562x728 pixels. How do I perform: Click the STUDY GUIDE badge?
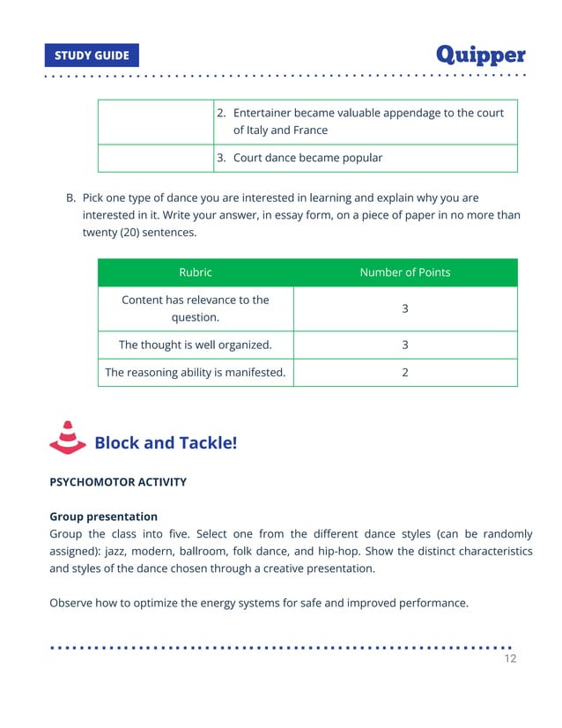click(92, 56)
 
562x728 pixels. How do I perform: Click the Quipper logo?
click(481, 55)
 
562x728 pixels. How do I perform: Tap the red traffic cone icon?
click(67, 438)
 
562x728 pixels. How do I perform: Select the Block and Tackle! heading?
click(166, 442)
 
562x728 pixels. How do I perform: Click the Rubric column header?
click(195, 272)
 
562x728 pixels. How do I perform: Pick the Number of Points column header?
click(404, 272)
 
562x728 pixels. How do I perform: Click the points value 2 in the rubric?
click(404, 373)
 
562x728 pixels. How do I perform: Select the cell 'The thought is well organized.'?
click(195, 345)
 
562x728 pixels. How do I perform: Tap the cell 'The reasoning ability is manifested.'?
click(195, 373)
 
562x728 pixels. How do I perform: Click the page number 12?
click(510, 658)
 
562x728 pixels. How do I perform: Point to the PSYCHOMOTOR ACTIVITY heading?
click(118, 482)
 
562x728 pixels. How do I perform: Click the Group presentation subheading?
click(103, 516)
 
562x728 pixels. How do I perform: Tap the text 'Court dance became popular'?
click(307, 159)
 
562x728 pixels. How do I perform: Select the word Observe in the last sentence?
click(72, 603)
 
